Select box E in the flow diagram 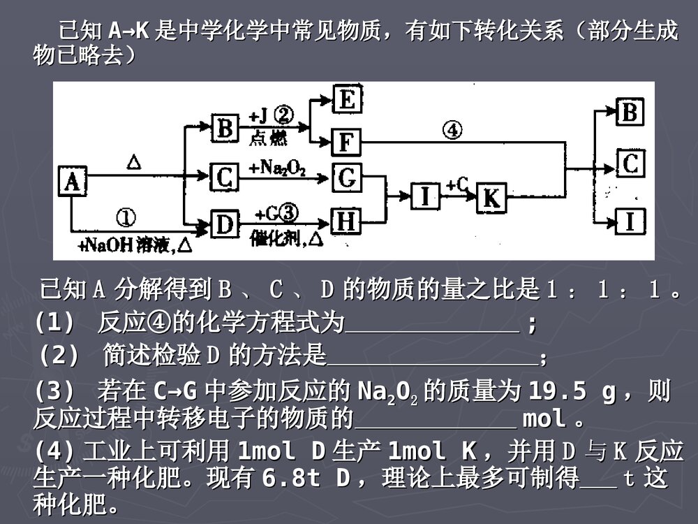346,99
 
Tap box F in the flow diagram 346,142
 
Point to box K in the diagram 491,198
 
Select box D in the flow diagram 224,224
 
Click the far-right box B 630,112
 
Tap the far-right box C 630,165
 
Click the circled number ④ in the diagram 452,130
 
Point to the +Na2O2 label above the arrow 277,167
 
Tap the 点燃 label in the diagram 268,139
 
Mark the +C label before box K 457,184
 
